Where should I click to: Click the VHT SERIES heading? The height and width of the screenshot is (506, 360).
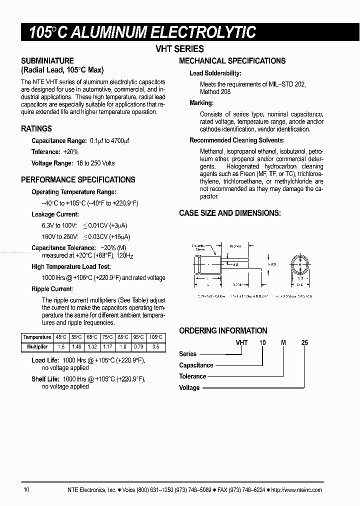click(x=180, y=49)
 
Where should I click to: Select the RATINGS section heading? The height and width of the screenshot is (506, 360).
click(x=36, y=128)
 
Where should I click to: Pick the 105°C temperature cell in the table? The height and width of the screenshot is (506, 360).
click(x=156, y=337)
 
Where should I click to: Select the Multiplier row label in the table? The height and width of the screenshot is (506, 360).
click(x=37, y=346)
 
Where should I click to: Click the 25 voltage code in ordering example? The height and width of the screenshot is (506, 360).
click(x=305, y=342)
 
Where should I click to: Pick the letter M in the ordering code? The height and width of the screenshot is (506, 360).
click(x=283, y=342)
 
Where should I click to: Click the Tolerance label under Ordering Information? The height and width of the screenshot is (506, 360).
click(x=192, y=376)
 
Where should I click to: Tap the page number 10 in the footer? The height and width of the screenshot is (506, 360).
click(x=26, y=490)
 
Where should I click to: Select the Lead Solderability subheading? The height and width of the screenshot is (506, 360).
click(x=215, y=73)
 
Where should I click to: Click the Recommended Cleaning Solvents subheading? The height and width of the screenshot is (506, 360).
click(x=236, y=140)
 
